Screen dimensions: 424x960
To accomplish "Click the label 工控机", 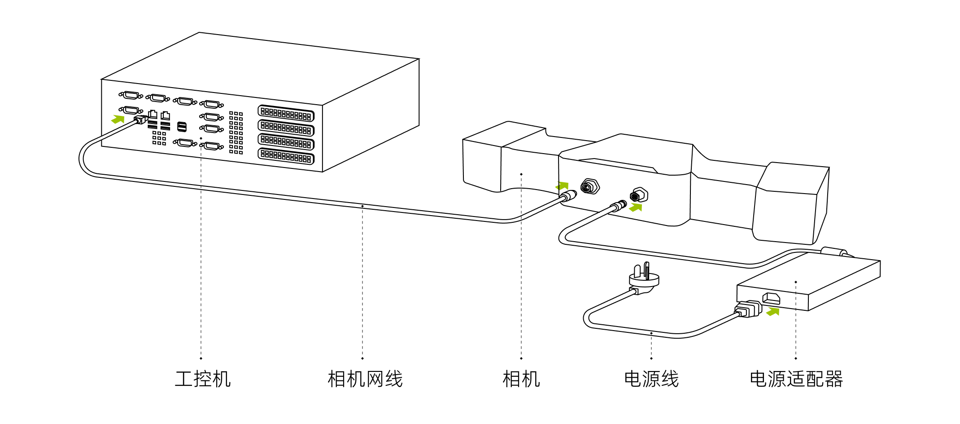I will tap(203, 379).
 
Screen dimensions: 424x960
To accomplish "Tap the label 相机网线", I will tap(365, 379).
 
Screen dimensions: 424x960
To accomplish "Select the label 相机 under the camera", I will tap(521, 379).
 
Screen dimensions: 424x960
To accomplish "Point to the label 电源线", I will tap(651, 379).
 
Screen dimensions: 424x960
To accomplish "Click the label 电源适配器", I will tap(796, 379).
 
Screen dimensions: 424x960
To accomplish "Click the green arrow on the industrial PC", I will tap(118, 119).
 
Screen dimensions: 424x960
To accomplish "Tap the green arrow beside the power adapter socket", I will tap(773, 311).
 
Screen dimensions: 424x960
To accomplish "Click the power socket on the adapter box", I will tap(771, 298).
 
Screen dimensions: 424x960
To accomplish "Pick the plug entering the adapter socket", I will tap(748, 309).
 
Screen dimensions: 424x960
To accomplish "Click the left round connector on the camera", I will tap(589, 186).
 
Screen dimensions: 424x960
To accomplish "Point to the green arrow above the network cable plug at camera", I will tap(562, 185).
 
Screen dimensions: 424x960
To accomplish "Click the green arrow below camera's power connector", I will tap(636, 207).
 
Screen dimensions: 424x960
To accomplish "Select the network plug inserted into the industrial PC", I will tap(140, 119).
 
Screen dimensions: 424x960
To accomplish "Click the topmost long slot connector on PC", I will tap(286, 113).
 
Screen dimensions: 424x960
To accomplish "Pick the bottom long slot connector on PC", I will tap(286, 156).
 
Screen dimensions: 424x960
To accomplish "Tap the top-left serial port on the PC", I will tap(131, 95).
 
